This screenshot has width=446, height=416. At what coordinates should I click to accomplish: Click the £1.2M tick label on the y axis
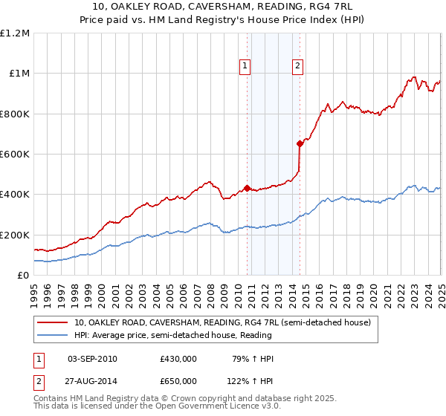(15, 33)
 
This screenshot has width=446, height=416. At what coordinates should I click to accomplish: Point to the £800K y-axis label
(15, 114)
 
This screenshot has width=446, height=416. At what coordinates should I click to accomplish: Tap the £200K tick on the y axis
(15, 235)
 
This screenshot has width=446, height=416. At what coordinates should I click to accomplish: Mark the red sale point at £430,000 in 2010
(247, 189)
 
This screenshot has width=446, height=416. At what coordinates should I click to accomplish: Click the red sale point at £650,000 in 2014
(300, 144)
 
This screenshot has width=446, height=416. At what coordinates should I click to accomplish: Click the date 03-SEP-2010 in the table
(92, 359)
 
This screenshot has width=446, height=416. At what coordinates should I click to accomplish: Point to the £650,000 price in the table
(178, 380)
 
